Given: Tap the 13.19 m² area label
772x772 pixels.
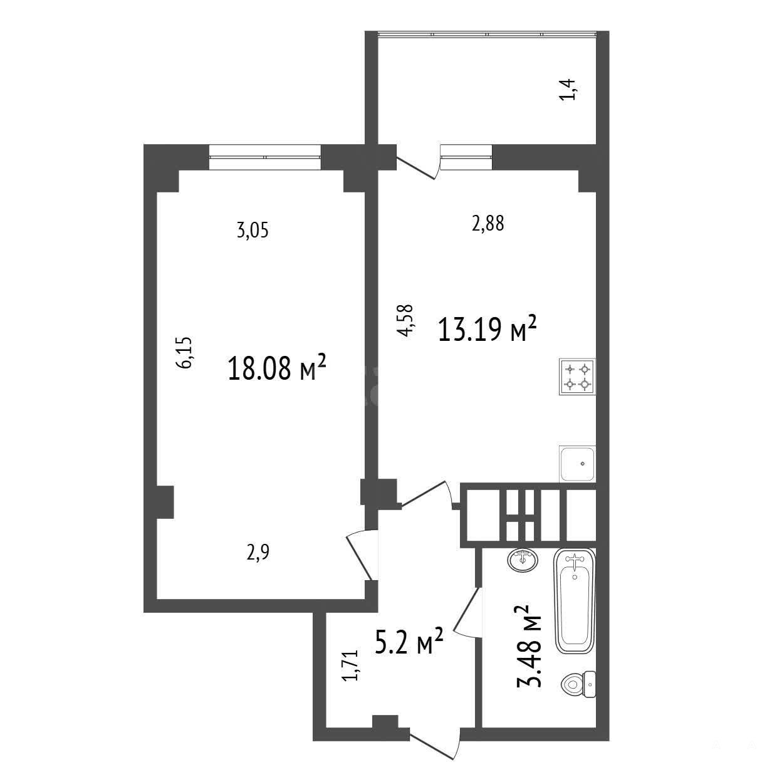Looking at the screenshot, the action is (487, 328).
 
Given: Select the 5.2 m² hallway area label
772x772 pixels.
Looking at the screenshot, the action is (409, 652).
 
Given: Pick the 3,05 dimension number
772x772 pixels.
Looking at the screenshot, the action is (253, 231).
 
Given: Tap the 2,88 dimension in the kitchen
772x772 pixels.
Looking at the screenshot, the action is (488, 223).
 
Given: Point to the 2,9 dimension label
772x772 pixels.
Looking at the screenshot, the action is (258, 553).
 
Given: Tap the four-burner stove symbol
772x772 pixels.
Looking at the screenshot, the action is (577, 377).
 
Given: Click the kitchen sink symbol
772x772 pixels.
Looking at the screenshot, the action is (577, 464).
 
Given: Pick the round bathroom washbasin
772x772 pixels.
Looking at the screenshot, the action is (523, 560).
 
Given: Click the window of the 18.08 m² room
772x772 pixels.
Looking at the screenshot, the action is (265, 157).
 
